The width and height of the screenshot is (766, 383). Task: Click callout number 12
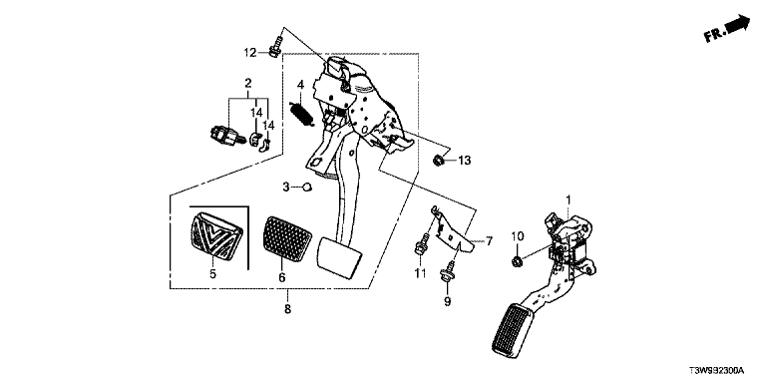tap(250, 52)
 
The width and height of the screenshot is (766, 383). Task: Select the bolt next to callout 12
tap(275, 46)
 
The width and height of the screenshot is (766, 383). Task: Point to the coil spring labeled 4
tap(300, 116)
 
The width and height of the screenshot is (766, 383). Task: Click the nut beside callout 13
tap(439, 159)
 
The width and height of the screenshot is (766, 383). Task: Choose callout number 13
tap(464, 160)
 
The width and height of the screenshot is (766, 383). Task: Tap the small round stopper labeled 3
tap(307, 187)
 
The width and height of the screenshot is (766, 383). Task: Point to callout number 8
tap(287, 309)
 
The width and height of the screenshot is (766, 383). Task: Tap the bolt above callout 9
tap(447, 271)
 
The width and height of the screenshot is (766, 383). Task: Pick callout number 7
tap(489, 240)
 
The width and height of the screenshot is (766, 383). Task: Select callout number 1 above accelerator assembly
tap(569, 199)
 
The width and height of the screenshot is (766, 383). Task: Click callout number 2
tap(248, 82)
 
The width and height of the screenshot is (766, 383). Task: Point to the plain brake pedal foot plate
tap(340, 258)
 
